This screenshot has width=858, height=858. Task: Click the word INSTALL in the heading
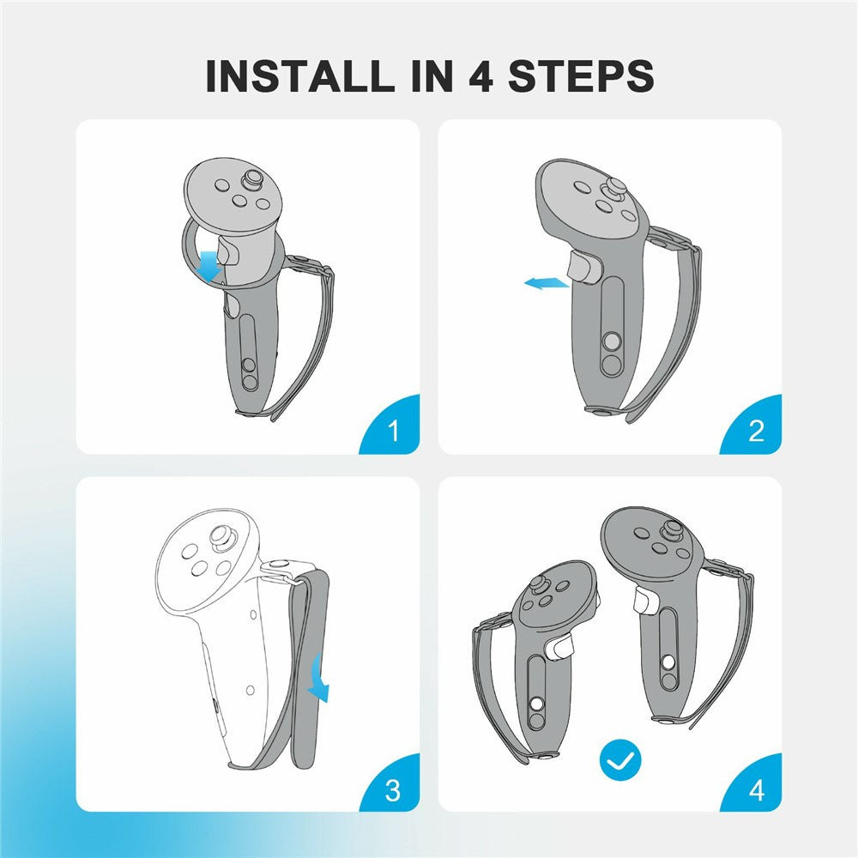[x=299, y=76]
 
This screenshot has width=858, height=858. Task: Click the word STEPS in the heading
[x=581, y=76]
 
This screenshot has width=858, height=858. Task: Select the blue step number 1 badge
[x=392, y=426]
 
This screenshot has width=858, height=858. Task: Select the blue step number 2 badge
[x=754, y=426]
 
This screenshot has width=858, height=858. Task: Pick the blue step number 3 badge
[x=392, y=786]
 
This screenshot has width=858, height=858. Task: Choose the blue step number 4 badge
[x=754, y=786]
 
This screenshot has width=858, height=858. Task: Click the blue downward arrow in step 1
[x=209, y=267]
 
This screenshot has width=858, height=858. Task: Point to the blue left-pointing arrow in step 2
[x=546, y=283]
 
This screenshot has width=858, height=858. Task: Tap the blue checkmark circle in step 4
[x=620, y=760]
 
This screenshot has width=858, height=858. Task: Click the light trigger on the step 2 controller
[x=584, y=268]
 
